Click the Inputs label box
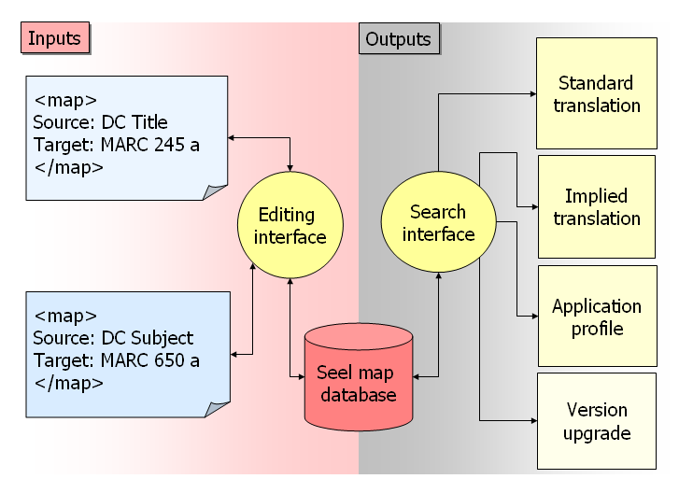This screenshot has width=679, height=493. point(54,38)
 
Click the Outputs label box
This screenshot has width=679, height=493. point(399,38)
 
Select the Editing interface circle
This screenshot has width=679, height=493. point(290,225)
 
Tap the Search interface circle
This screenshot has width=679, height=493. point(437,223)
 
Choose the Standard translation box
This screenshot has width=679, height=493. point(596,93)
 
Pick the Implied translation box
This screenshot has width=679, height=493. point(596,207)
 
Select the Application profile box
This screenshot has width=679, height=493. point(596,317)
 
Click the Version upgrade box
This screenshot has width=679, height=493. point(596,421)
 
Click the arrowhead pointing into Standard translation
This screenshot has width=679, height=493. point(531,93)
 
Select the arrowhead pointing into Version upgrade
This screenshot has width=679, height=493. point(531,421)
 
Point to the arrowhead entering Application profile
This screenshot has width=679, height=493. point(532,317)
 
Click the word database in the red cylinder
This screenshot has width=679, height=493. point(359,394)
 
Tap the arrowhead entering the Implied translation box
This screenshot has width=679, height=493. point(533,206)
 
